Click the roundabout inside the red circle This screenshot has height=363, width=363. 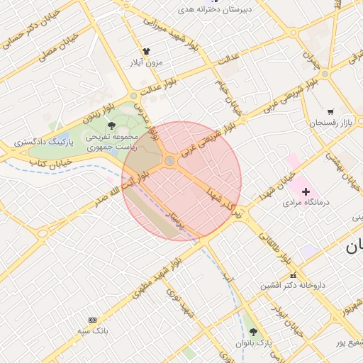[170, 162]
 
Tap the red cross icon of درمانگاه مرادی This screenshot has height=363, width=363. [306, 191]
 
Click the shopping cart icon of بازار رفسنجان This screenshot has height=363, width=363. [330, 112]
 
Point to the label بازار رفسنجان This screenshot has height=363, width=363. [330, 123]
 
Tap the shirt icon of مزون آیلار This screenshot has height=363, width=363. [147, 51]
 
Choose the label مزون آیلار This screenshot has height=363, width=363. [146, 62]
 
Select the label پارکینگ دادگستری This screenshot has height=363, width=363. [46, 143]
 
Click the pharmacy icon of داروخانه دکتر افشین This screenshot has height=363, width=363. [293, 275]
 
